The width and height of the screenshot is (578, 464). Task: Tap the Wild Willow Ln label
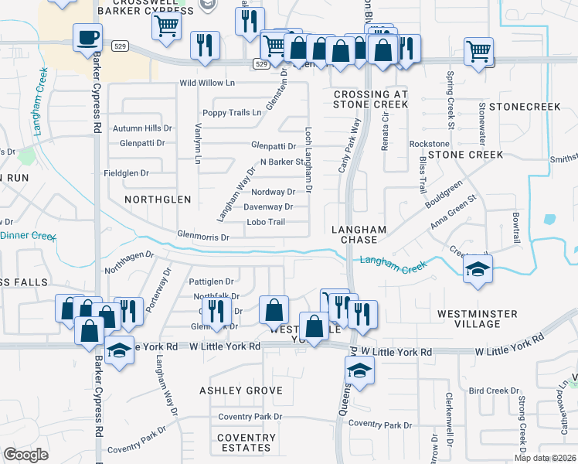[x=207, y=83]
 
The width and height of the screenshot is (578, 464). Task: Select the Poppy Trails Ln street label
[x=234, y=113]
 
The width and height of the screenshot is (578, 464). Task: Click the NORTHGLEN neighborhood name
[x=158, y=199]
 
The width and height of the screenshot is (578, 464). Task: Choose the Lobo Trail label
[x=266, y=222]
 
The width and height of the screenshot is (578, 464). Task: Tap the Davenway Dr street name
[x=268, y=206]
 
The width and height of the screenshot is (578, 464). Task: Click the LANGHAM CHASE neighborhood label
[x=359, y=234]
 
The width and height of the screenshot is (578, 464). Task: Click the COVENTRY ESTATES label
[x=246, y=442]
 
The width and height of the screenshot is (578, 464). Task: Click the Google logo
[x=26, y=454]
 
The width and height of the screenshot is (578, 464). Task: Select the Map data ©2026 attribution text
[x=545, y=458]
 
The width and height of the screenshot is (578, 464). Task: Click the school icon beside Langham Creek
[x=477, y=269]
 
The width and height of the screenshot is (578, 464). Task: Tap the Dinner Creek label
[x=28, y=235]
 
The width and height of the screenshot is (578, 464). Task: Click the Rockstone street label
[x=429, y=144]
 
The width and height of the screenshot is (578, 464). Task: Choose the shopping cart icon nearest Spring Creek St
[x=479, y=52]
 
